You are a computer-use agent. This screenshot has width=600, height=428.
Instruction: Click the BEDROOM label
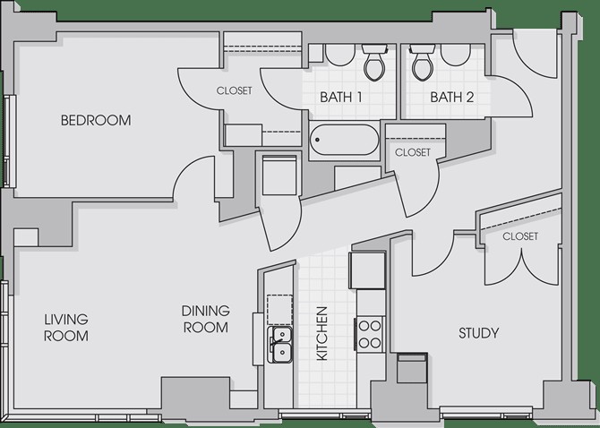[x=96, y=120]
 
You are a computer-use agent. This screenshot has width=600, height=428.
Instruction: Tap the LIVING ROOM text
[x=66, y=328]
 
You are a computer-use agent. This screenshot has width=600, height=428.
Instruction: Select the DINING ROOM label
[x=205, y=319]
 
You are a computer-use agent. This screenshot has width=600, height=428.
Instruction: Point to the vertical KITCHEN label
[x=322, y=333]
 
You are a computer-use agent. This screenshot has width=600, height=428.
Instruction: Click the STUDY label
[x=479, y=333]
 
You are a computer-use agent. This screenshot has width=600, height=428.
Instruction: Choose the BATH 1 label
[x=341, y=98]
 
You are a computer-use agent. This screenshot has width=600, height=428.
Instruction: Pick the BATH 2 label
[x=452, y=98]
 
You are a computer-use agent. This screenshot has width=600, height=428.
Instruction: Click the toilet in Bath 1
[x=374, y=62]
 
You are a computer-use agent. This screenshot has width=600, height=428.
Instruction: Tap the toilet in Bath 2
[x=423, y=62]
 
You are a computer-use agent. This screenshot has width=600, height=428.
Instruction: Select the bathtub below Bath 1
[x=344, y=140]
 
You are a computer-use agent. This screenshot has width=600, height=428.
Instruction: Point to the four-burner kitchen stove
[x=370, y=335]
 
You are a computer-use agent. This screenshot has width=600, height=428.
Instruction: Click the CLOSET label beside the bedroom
[x=235, y=90]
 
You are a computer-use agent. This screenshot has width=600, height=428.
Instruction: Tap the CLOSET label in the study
[x=520, y=236]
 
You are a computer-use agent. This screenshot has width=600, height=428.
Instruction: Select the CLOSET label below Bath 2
[x=413, y=152]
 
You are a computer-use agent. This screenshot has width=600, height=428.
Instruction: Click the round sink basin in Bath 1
[x=339, y=55]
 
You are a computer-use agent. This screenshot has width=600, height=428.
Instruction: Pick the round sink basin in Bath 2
[x=455, y=55]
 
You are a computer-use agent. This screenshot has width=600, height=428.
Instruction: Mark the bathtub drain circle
[x=317, y=140]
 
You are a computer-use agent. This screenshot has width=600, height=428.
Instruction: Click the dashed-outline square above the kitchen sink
[x=279, y=310]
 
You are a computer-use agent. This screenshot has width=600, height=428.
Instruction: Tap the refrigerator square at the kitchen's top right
[x=367, y=270]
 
